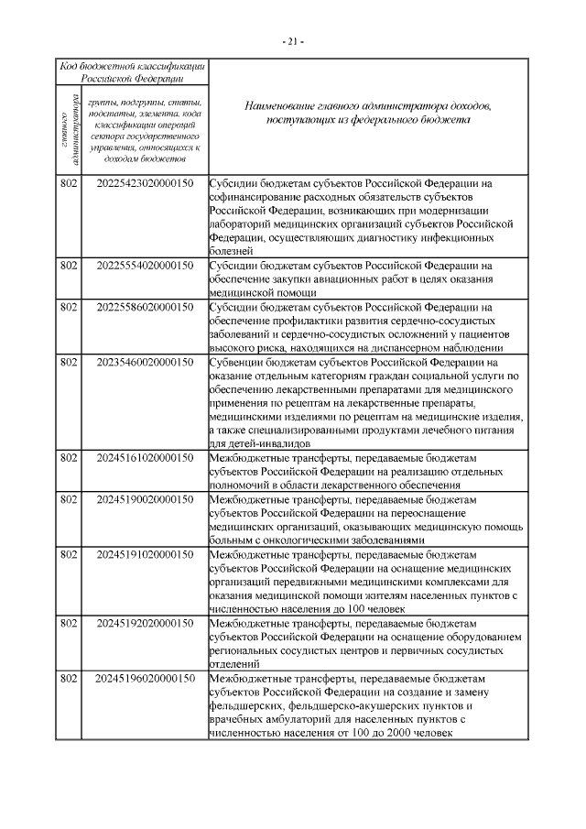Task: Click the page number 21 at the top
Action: coord(293,41)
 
